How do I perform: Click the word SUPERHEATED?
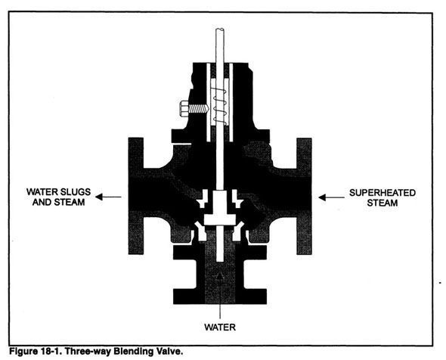point(383,193)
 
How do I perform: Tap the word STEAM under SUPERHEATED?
point(382,203)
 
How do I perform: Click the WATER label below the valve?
point(220,327)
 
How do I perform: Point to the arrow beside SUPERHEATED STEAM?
point(331,197)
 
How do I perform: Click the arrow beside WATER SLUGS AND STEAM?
point(108,197)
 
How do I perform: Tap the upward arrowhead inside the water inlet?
point(220,275)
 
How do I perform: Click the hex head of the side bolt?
point(184,108)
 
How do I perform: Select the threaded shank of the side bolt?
point(199,108)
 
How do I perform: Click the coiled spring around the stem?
point(220,107)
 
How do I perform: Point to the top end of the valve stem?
point(220,29)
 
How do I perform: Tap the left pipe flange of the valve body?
point(136,196)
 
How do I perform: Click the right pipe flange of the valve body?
point(304,196)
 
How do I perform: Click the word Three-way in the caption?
point(88,352)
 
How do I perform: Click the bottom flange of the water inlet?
point(220,296)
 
